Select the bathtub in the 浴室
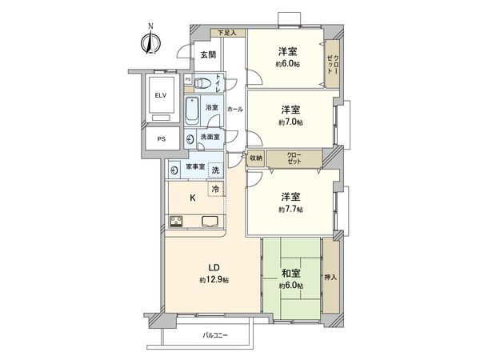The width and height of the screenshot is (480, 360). (x=192, y=111)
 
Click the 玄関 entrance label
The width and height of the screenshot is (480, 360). (x=208, y=54)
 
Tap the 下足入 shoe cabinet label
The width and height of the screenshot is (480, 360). (x=228, y=33)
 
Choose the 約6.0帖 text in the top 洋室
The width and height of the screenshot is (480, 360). (x=290, y=64)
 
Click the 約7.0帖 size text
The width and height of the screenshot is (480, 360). (x=290, y=122)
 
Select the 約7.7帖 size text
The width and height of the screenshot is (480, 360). (x=290, y=210)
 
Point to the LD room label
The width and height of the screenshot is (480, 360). (x=214, y=267)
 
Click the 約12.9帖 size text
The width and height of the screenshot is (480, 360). (x=214, y=280)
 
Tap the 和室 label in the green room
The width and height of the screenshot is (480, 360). (x=290, y=274)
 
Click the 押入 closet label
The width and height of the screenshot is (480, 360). (x=330, y=278)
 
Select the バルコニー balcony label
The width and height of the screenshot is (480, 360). (x=215, y=335)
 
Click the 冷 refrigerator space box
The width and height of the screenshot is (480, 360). (x=215, y=190)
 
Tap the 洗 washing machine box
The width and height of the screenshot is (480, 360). (x=215, y=170)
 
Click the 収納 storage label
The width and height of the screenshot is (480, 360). (x=255, y=158)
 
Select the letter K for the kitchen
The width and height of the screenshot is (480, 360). (x=193, y=198)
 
